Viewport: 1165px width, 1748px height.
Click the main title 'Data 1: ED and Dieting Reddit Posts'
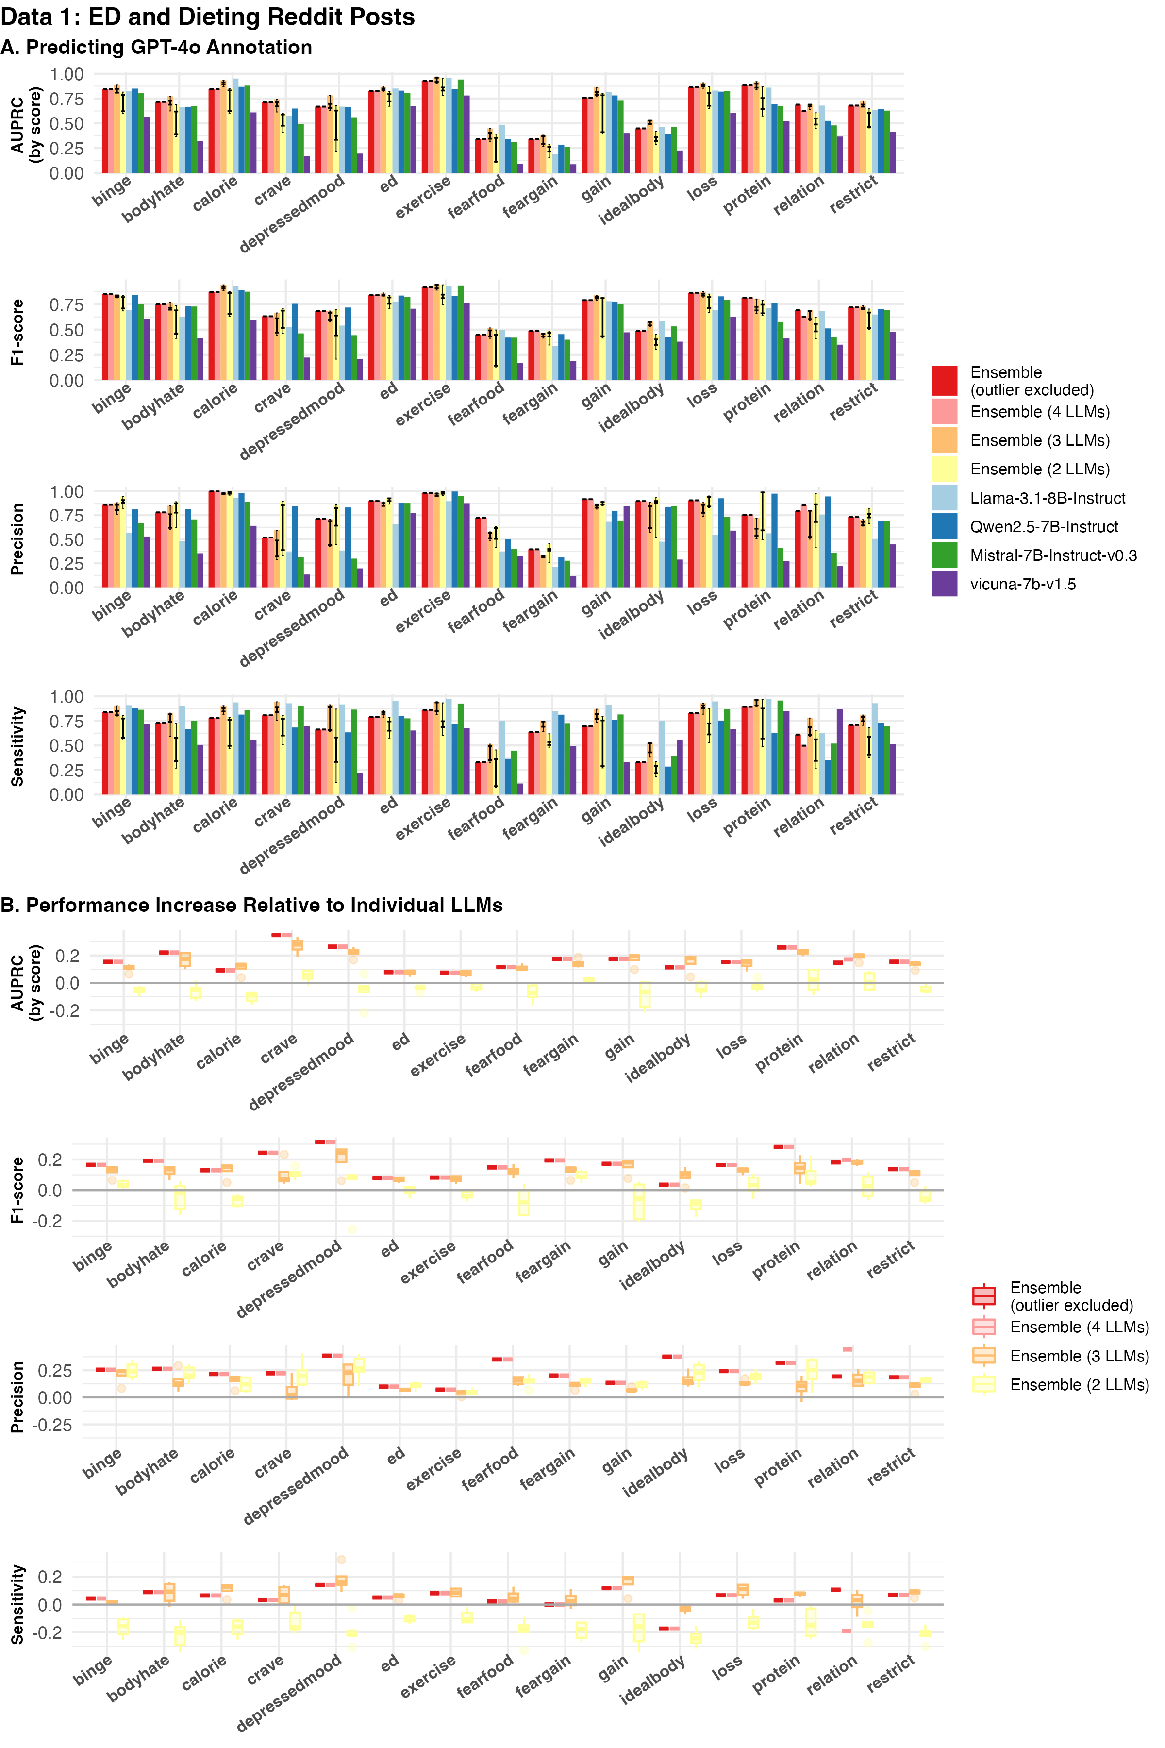(x=208, y=17)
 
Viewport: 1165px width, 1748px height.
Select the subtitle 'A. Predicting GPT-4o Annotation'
(x=156, y=48)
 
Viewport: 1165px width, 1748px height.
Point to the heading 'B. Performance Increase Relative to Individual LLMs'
(x=251, y=905)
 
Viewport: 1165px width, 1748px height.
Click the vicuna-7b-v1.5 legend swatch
(x=944, y=584)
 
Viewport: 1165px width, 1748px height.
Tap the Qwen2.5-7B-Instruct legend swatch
(x=944, y=527)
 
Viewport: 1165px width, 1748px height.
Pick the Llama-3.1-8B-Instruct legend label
(x=1048, y=499)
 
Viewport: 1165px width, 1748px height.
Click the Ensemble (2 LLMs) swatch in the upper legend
(x=944, y=470)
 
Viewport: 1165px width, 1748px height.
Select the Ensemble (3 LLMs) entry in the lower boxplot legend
(x=1079, y=1356)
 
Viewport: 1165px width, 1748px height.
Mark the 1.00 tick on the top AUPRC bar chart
(x=67, y=74)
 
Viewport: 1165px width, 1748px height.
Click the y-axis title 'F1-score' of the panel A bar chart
(x=18, y=332)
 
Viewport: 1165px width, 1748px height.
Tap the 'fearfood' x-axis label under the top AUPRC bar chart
(x=476, y=197)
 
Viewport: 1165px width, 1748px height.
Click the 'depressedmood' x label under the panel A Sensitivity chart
(x=292, y=835)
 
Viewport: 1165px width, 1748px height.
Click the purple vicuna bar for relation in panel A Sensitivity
(x=840, y=752)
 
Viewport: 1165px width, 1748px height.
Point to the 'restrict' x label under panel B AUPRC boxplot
(x=891, y=1053)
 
